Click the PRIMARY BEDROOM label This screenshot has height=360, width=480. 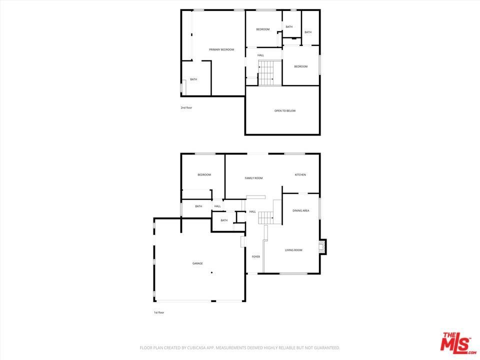[x=221, y=49]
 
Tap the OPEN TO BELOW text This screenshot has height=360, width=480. [x=285, y=111]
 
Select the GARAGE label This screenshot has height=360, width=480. [x=197, y=263]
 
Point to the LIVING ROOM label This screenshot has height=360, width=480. [x=293, y=250]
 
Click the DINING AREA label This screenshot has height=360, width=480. [x=300, y=210]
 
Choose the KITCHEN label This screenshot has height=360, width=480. [x=300, y=175]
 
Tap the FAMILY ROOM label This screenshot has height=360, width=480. [x=253, y=178]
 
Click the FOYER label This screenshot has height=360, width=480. [x=255, y=257]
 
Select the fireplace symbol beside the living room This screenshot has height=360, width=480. [x=322, y=246]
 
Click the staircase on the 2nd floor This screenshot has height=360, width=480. [x=269, y=73]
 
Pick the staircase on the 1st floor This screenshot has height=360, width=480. [x=265, y=217]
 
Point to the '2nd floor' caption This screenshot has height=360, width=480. [x=186, y=108]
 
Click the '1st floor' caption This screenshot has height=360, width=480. [x=159, y=312]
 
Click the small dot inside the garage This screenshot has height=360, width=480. [x=211, y=272]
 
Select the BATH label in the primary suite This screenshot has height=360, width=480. [x=193, y=79]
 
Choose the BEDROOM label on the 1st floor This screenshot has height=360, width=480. [x=204, y=175]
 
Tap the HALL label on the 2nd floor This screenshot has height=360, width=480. [x=260, y=55]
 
